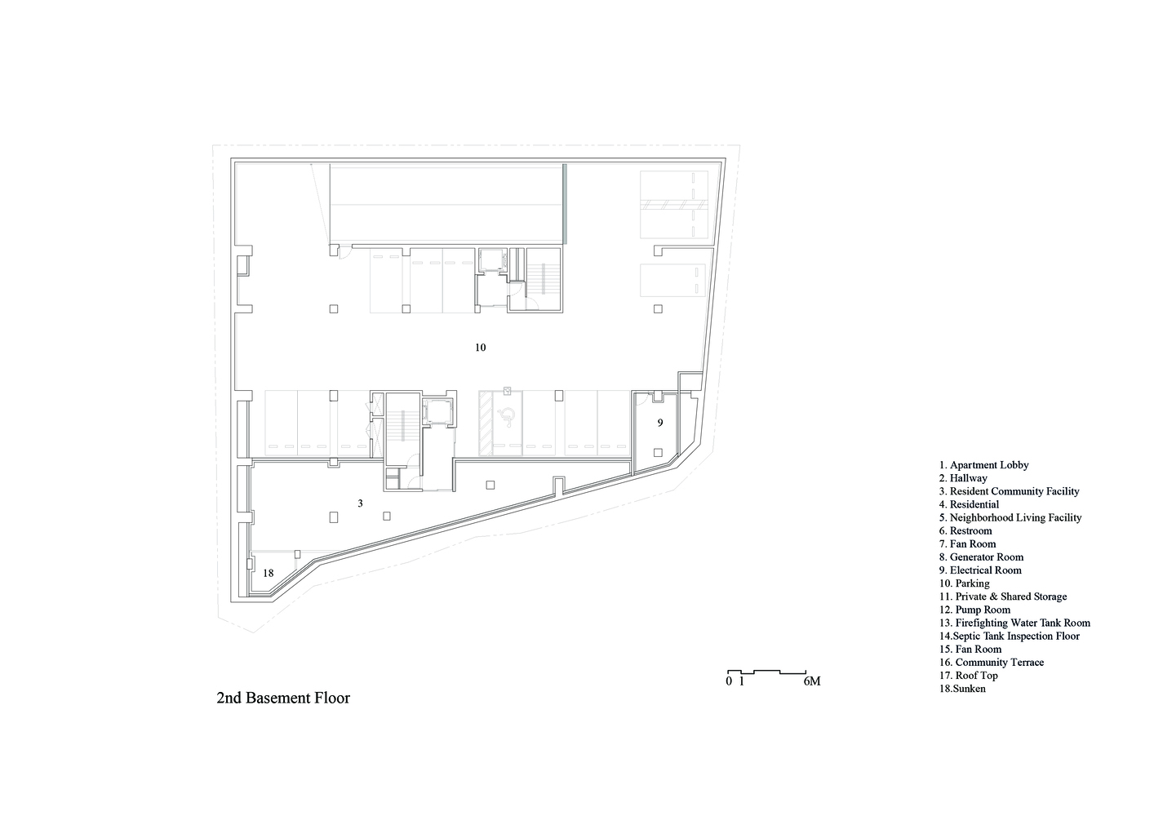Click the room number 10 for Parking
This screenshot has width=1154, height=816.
point(480,348)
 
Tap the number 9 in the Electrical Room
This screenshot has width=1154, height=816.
point(660,423)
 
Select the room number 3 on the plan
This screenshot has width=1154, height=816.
point(360,503)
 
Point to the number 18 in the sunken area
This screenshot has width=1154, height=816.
point(268,573)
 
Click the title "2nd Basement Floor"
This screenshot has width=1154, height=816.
point(283,698)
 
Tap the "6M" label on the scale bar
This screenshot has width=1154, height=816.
point(812,681)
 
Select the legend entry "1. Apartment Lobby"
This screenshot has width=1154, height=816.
point(983,465)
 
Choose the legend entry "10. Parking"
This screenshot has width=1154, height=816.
point(964,583)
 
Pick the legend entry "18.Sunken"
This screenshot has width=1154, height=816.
point(962,689)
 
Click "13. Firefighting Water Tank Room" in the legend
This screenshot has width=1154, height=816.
point(1014,623)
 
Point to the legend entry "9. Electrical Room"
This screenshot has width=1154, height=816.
point(980,570)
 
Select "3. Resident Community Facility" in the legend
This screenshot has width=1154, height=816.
point(1009,491)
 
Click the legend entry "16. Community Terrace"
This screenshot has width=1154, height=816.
point(992,663)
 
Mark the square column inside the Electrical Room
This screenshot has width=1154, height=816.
point(658,453)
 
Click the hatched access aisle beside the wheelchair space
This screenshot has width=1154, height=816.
point(486,423)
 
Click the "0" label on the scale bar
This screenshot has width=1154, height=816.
point(729,681)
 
